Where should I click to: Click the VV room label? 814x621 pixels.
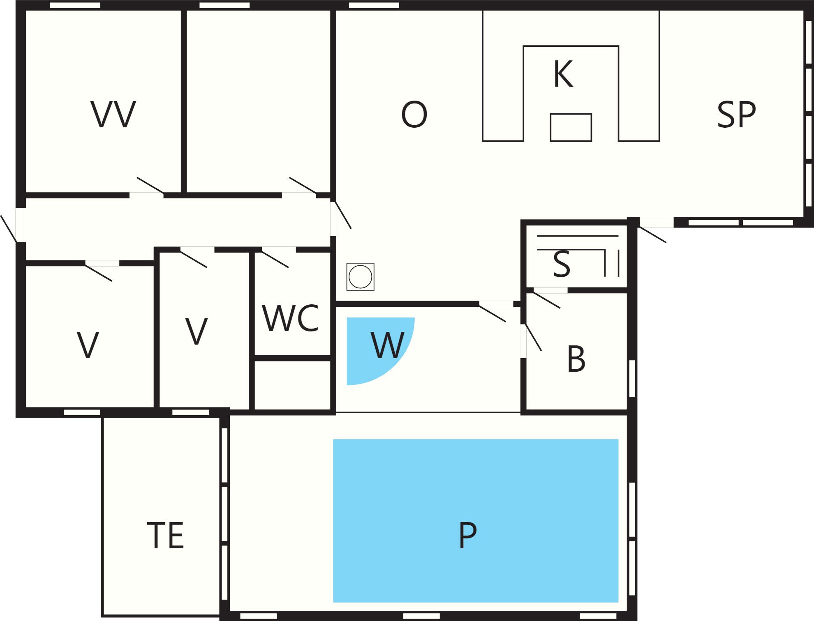[113, 114]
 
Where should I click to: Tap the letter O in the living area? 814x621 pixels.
[414, 114]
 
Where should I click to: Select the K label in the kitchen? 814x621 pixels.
[563, 74]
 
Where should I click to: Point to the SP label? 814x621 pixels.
[736, 114]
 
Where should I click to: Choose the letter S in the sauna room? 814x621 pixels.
[562, 263]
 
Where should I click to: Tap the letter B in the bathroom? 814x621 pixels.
[576, 359]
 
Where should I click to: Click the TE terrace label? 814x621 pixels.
[165, 536]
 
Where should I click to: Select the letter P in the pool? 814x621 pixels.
[468, 535]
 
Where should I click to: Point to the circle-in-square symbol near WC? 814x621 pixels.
[360, 277]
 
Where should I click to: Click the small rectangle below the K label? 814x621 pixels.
[571, 127]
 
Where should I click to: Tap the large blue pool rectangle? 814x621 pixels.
[476, 521]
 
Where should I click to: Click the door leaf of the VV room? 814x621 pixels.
[150, 185]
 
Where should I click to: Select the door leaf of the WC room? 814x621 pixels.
[275, 259]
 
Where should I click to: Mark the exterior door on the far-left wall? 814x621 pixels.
[9, 229]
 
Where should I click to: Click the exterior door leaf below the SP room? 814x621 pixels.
[652, 235]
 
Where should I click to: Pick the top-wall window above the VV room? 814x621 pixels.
[75, 5]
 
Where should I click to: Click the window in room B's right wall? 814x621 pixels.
[632, 379]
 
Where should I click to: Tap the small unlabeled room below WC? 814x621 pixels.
[293, 385]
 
